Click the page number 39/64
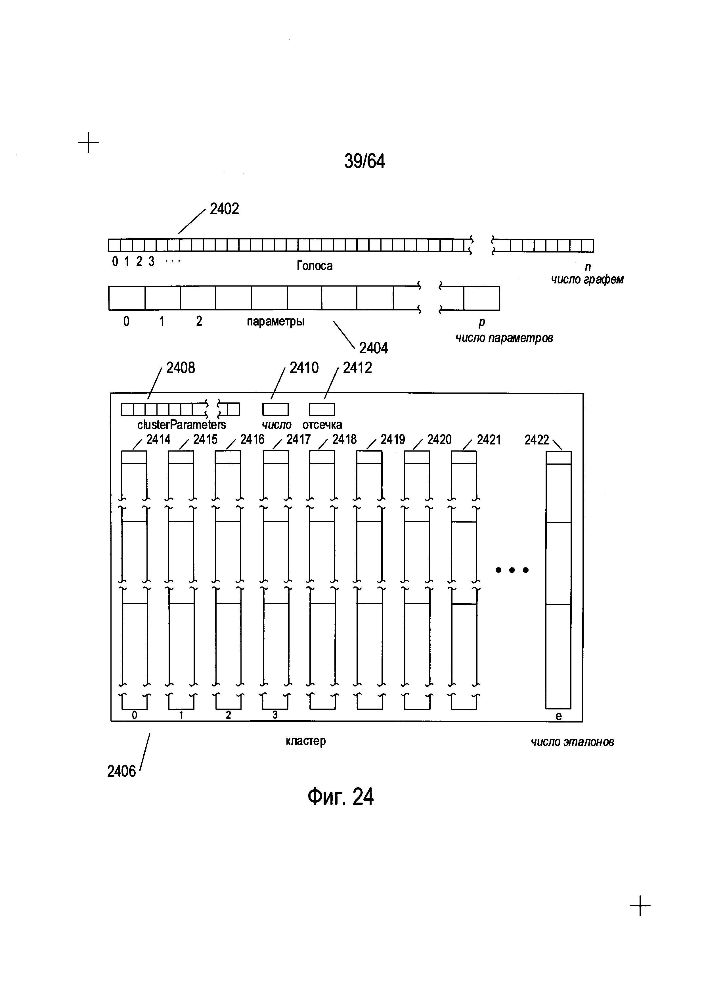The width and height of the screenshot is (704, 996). point(364,161)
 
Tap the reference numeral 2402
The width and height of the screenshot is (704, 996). point(225,209)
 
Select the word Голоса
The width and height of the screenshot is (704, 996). point(314,266)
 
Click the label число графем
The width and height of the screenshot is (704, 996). point(587,279)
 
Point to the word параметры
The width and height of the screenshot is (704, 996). point(276,321)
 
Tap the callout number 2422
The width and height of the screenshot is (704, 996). point(537,440)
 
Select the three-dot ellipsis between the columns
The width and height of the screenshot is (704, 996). point(512,570)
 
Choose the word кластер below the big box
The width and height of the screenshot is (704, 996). point(306,741)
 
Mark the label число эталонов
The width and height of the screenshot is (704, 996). point(572,742)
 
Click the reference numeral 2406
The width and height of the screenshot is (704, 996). point(121,771)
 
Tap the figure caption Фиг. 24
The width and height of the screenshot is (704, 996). point(340,796)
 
